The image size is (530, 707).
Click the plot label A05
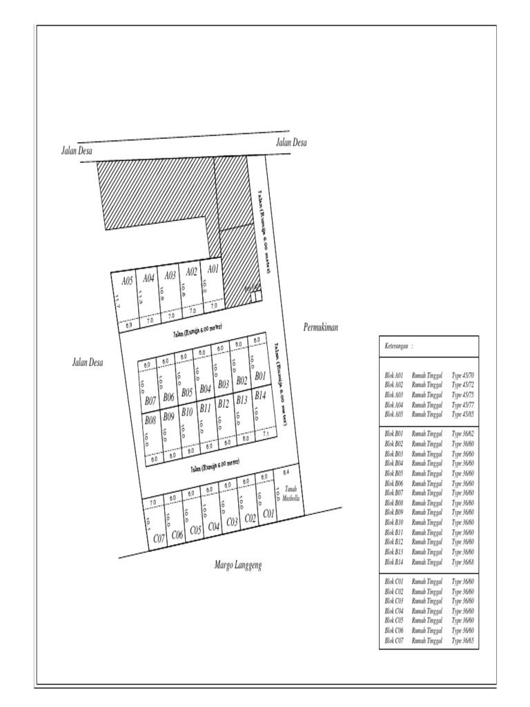[x=127, y=281]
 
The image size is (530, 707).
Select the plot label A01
[x=213, y=269]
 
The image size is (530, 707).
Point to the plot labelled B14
[x=260, y=396]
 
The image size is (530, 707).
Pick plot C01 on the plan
[x=269, y=514]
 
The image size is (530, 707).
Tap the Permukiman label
[x=320, y=328]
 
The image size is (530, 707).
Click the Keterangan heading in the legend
[x=399, y=345]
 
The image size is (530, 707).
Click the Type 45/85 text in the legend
[x=462, y=414]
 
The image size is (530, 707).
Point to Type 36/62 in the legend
[x=462, y=434]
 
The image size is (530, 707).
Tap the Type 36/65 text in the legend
[x=462, y=641]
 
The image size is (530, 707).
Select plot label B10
[x=186, y=412]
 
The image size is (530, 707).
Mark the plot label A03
[x=170, y=275]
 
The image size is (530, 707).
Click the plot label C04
[x=214, y=527]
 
